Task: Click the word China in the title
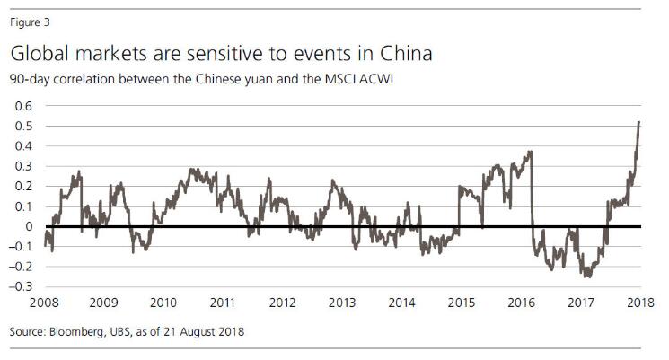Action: click(x=402, y=54)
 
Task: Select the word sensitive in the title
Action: click(x=224, y=54)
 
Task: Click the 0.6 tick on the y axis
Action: click(x=21, y=105)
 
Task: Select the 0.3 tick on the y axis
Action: click(x=21, y=166)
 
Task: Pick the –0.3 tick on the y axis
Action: click(x=19, y=287)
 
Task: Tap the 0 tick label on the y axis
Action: click(x=27, y=226)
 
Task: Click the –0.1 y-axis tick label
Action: click(x=19, y=247)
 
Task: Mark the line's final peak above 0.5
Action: click(x=638, y=122)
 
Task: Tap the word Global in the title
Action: click(x=41, y=54)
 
